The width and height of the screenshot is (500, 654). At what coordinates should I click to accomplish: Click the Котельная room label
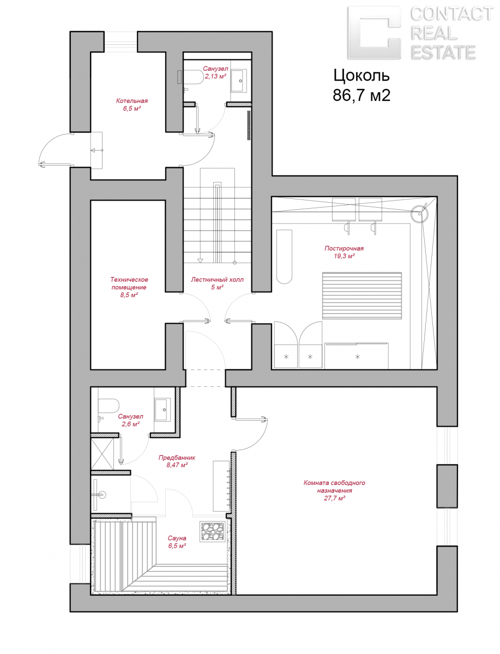pos(132,101)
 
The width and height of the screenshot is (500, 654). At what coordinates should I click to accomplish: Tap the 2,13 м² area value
pos(215,76)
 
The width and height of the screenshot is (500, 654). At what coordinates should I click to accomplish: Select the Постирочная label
pos(344,248)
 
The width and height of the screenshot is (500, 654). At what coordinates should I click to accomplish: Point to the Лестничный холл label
pos(217,280)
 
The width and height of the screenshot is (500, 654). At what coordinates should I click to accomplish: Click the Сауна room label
pos(177,538)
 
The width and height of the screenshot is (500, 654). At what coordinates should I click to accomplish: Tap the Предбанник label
pos(177,457)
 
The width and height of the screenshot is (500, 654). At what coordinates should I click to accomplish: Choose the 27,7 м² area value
pos(334,498)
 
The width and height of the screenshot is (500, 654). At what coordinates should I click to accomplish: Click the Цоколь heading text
pos(362,76)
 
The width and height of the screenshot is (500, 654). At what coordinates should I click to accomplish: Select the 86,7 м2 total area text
pos(362,95)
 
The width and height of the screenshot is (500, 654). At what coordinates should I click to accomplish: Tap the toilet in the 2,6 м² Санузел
pos(108,406)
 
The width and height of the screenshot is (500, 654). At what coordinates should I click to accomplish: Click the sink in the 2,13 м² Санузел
pos(239,81)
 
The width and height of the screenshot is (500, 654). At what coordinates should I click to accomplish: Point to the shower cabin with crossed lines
pos(102,454)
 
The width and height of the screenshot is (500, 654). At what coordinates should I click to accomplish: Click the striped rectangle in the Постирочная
pos(362,295)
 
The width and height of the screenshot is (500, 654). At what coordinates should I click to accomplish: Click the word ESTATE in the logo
pos(443,53)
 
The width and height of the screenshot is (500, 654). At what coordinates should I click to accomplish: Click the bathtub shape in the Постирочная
pos(284,256)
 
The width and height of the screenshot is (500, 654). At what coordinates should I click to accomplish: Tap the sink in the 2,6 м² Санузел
pos(162,410)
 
